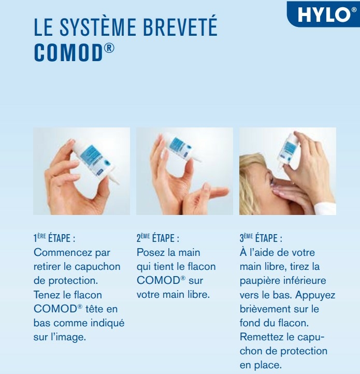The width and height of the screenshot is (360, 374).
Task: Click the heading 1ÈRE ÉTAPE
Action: tap(54, 238)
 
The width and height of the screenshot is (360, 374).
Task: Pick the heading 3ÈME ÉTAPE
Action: tap(261, 238)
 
